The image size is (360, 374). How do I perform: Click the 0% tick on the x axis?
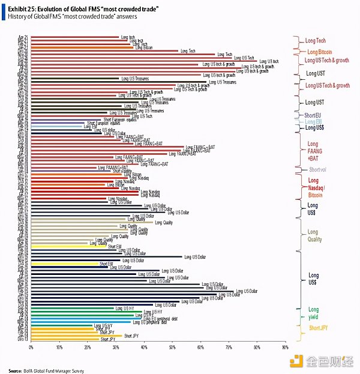[31, 348]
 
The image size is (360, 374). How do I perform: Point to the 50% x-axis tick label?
[172, 348]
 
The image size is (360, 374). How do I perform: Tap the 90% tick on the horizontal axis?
[285, 348]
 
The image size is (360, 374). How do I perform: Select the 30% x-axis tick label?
[116, 348]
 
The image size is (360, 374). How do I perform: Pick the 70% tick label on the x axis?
[229, 348]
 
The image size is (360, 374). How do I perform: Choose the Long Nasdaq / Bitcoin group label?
[316, 187]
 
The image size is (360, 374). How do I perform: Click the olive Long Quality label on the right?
[314, 236]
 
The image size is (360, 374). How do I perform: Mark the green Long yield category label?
[313, 313]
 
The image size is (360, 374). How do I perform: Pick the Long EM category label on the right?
[313, 121]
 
